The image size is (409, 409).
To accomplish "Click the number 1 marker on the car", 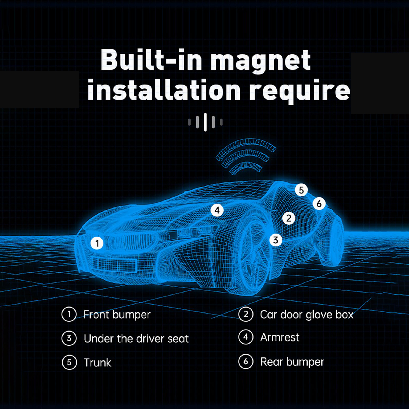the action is (x=97, y=243).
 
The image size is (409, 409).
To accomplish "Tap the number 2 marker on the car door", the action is (x=289, y=218).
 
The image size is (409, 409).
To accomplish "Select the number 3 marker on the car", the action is (x=276, y=240).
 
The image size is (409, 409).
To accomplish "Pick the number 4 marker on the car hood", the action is (x=217, y=210).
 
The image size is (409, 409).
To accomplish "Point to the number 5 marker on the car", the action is (x=301, y=190).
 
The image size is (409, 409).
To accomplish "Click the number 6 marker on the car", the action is (x=319, y=203).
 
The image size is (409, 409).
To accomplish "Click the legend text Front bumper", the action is (x=117, y=315).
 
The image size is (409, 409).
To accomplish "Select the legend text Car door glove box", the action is (x=307, y=315).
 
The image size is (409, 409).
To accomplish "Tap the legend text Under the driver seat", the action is (x=136, y=339).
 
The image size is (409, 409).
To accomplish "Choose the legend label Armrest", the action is (x=280, y=337).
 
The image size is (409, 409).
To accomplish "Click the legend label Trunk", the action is (x=97, y=363).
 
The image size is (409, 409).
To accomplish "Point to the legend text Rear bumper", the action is (x=292, y=362).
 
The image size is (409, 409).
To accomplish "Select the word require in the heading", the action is (x=299, y=91).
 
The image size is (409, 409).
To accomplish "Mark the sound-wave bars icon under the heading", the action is (x=205, y=122).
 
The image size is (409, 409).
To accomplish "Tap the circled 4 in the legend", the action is (x=246, y=337).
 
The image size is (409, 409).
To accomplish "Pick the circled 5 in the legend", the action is (x=69, y=362).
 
